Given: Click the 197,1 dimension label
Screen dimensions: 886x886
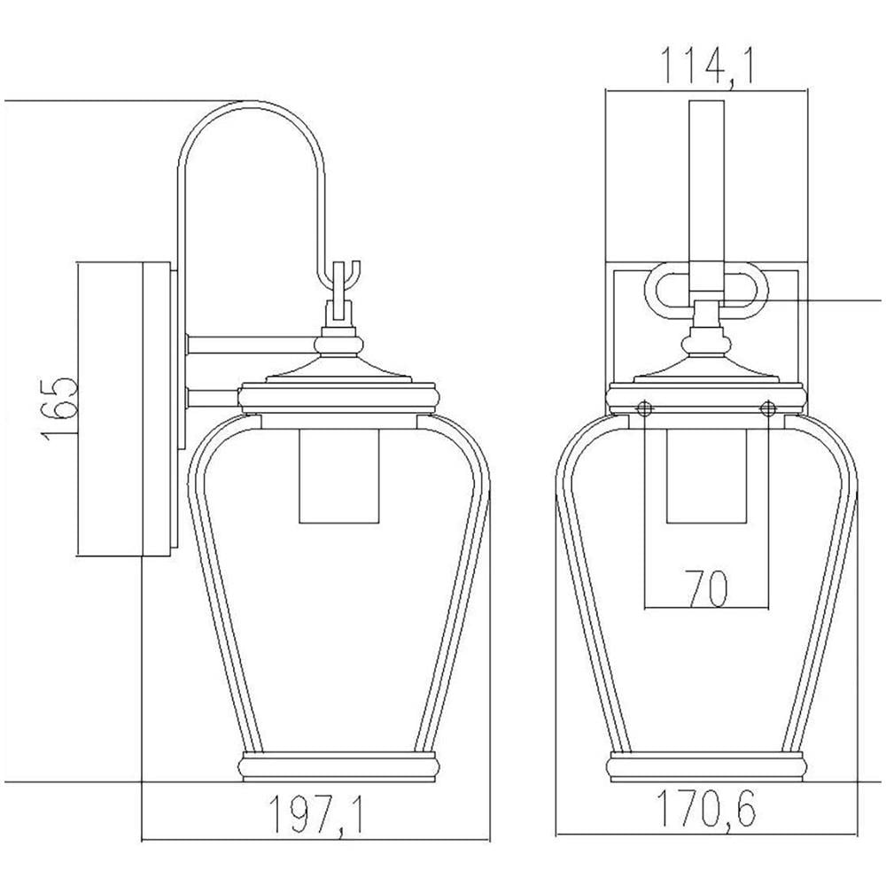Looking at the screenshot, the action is (315, 814).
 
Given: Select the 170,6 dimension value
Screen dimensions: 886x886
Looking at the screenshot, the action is (706, 809).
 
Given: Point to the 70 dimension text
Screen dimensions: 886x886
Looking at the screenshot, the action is (706, 587).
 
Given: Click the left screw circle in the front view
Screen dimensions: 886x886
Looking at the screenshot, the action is (645, 408).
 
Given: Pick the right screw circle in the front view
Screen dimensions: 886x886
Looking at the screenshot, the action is (768, 408).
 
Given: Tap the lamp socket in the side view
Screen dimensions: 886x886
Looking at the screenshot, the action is (338, 476).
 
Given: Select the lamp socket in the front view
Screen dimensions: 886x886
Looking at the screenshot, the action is (706, 476).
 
